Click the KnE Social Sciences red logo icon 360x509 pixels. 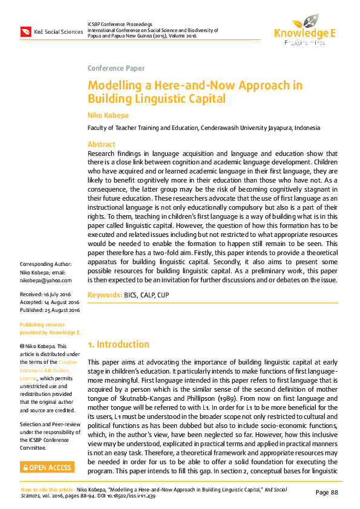pos(26,31)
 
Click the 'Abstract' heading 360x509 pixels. pos(102,144)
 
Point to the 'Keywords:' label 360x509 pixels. pos(105,295)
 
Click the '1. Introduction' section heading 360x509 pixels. pos(119,345)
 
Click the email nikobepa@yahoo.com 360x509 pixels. pos(46,280)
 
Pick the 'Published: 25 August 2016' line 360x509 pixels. pos(50,310)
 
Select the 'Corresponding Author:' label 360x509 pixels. pos(46,264)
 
